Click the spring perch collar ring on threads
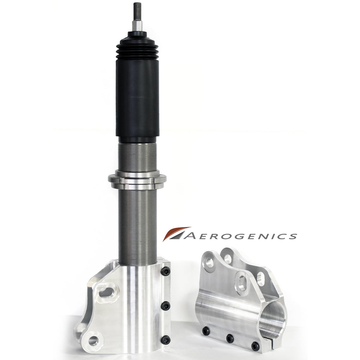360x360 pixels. [137, 179]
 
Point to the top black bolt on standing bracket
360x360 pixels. [166, 272]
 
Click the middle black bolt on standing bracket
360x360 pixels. [166, 306]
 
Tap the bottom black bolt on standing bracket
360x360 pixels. [166, 340]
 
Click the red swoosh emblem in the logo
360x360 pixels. [176, 234]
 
